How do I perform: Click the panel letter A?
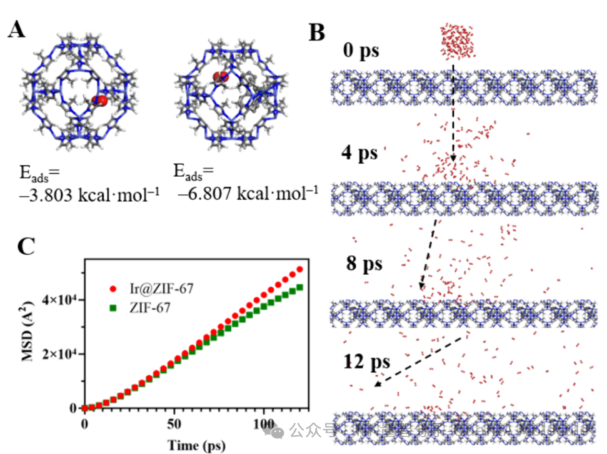pyautogui.click(x=17, y=29)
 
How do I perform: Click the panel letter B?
pyautogui.click(x=318, y=31)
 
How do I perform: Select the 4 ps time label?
pyautogui.click(x=359, y=153)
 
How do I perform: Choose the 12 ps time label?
pyautogui.click(x=366, y=362)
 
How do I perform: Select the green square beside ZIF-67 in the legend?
pyautogui.click(x=113, y=307)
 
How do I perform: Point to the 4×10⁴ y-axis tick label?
pyautogui.click(x=59, y=300)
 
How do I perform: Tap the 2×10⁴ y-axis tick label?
pyautogui.click(x=59, y=354)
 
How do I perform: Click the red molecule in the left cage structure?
pyautogui.click(x=100, y=101)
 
